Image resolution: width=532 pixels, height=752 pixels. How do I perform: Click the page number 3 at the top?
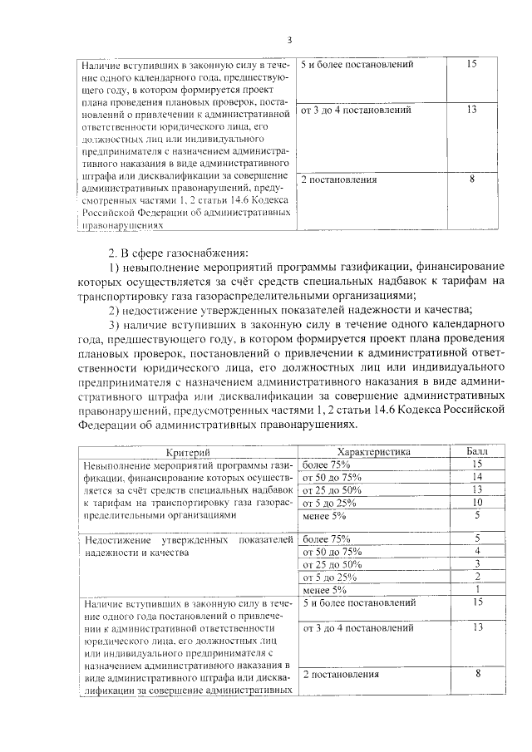coord(289,40)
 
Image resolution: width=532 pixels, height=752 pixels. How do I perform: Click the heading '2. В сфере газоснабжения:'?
coord(177,253)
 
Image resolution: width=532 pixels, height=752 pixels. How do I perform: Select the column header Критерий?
coord(187,451)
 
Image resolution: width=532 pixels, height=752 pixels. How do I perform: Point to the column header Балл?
coord(477,451)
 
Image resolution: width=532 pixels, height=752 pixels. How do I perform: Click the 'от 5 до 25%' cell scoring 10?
coord(330,503)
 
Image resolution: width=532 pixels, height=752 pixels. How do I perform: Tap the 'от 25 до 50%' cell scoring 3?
coord(332,564)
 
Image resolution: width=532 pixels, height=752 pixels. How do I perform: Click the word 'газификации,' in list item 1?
coord(371,267)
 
